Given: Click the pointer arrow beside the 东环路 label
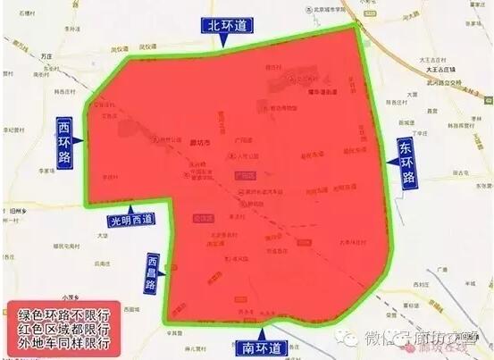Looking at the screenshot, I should click(x=391, y=163).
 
